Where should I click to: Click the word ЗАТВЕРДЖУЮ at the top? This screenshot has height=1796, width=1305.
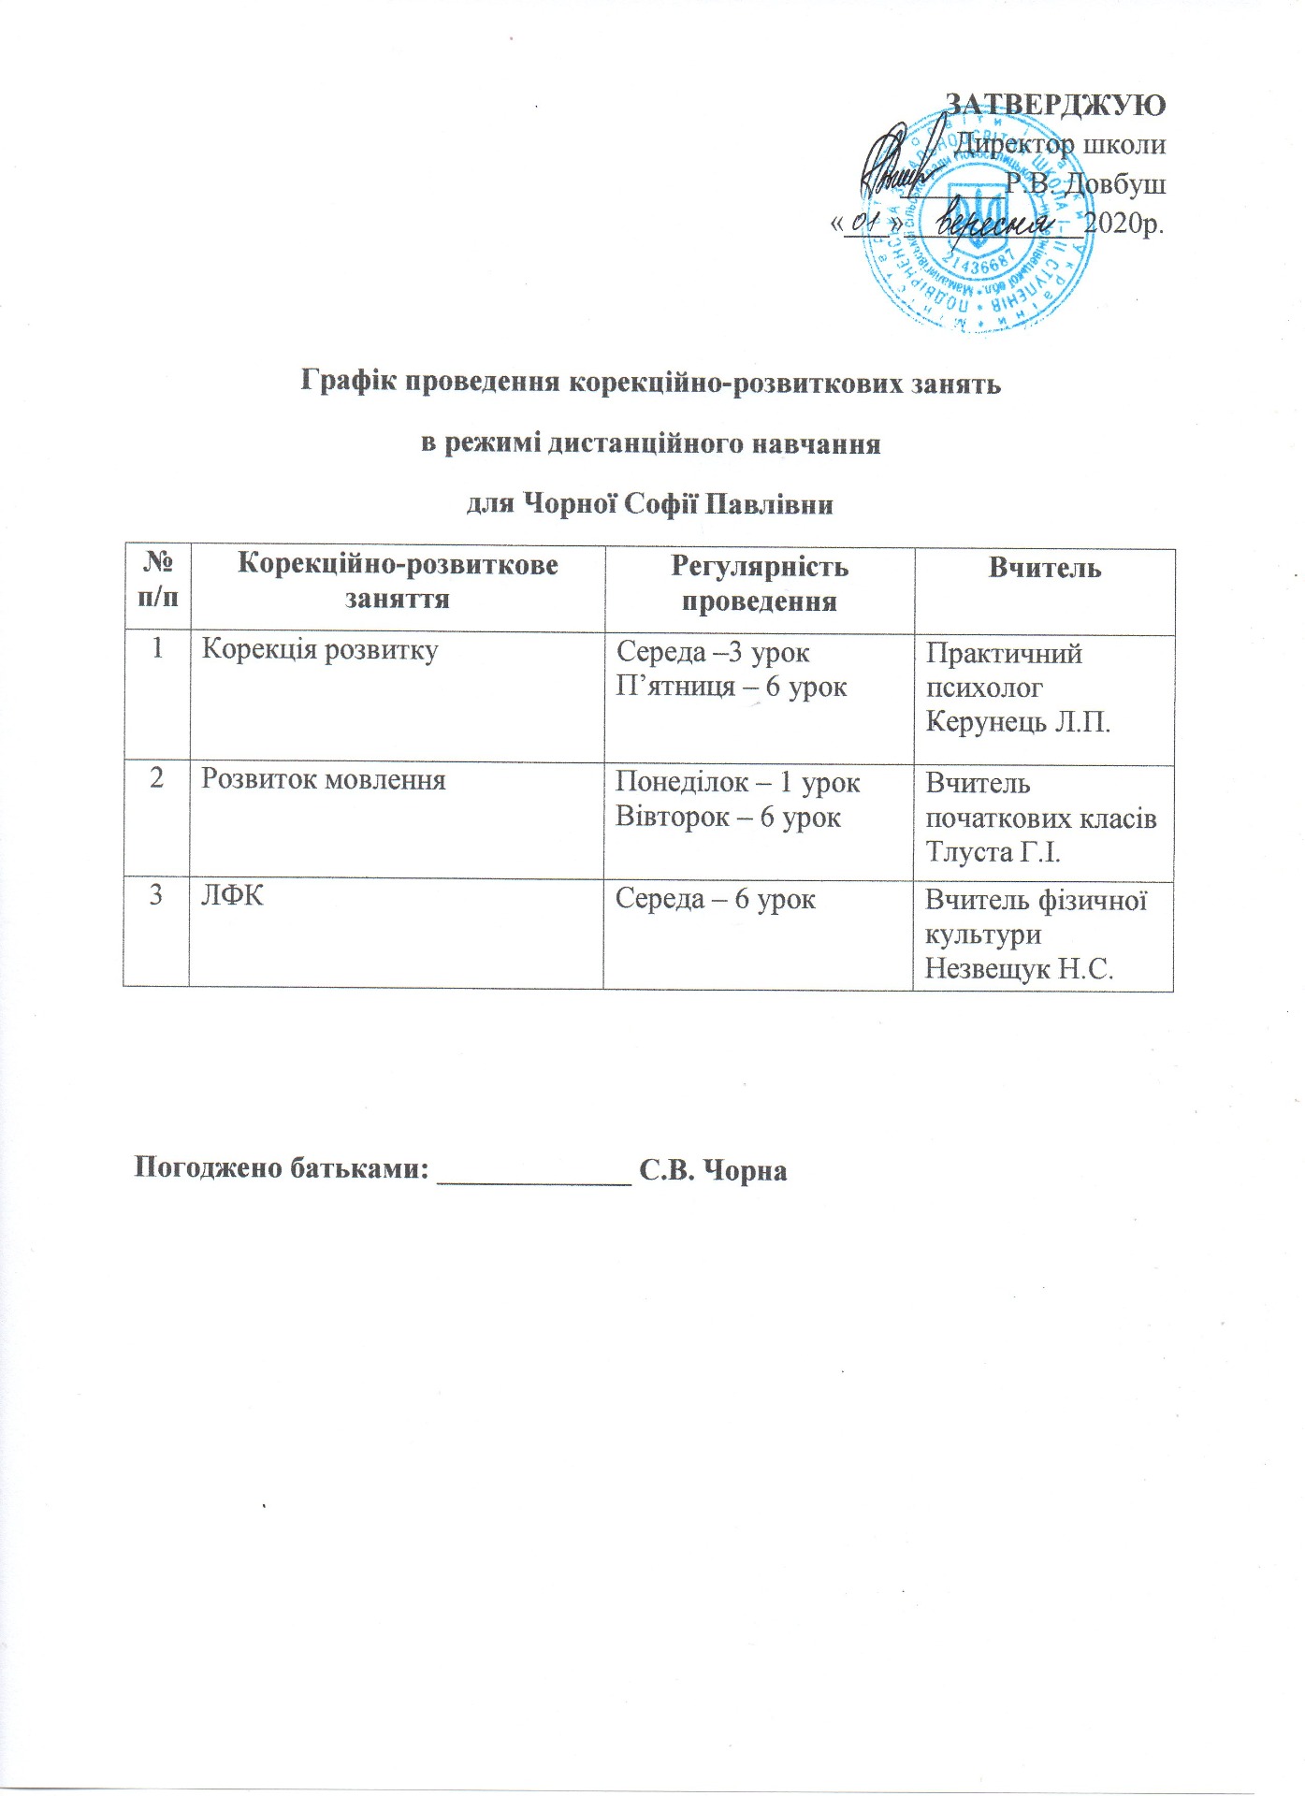1055,104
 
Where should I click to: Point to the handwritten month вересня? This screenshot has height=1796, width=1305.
992,224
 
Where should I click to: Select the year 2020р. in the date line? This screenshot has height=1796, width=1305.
1124,224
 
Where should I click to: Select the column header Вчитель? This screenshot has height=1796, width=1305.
1044,568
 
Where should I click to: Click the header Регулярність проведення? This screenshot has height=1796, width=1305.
759,583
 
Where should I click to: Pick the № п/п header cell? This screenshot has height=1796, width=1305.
157,580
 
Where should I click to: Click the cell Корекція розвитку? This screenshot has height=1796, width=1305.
320,649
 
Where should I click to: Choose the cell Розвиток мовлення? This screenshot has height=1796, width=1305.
324,779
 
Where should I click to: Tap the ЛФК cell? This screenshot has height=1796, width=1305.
232,896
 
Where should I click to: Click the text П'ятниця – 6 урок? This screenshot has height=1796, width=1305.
731,688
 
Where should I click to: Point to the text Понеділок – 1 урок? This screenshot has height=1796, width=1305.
737,782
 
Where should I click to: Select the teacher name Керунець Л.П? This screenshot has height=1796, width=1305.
1018,722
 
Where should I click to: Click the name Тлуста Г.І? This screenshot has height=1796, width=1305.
993,852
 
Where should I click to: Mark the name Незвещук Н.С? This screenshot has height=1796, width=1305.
1019,968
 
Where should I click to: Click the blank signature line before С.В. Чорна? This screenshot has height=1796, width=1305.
535,1171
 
